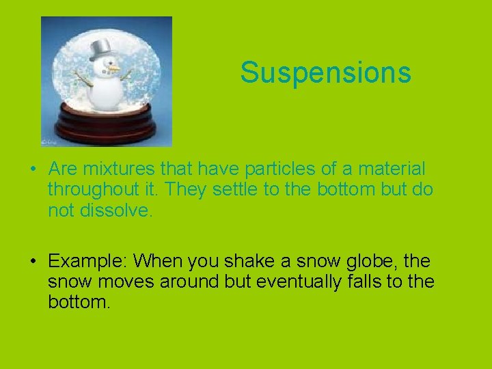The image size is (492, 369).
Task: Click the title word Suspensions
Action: [325, 72]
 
